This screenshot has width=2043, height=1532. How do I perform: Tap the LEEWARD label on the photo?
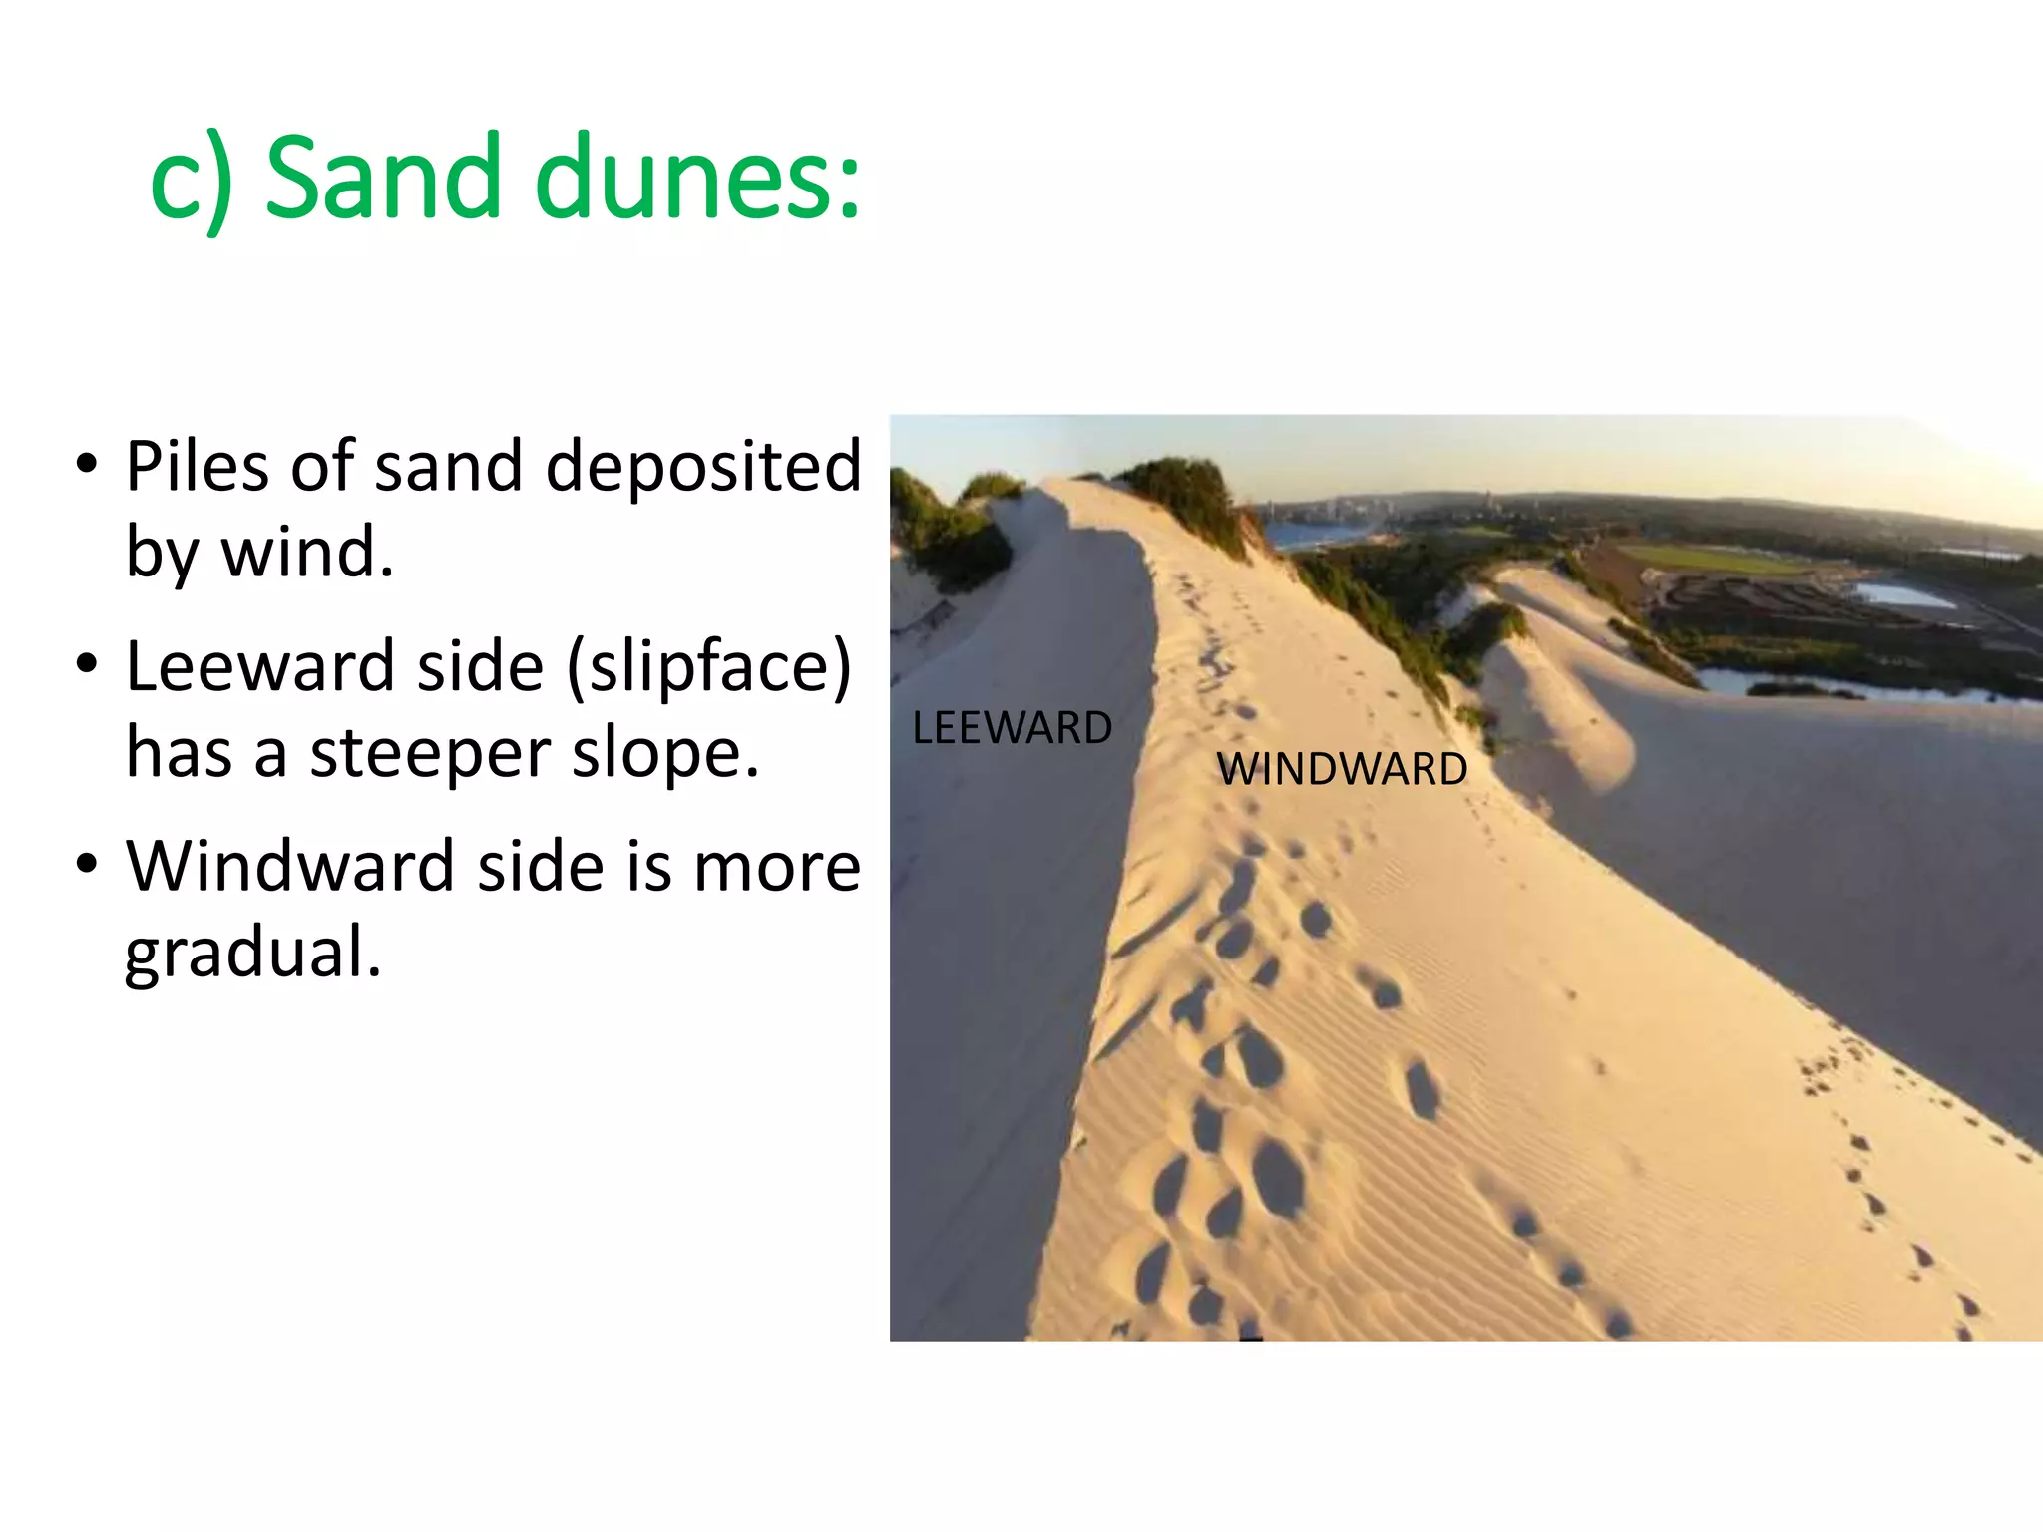1012,727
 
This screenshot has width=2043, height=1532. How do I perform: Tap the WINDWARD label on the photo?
1342,769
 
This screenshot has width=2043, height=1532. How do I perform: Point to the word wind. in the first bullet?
307,551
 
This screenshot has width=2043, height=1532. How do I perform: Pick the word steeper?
429,752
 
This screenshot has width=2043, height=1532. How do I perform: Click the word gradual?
252,953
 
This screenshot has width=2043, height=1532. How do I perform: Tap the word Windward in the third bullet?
290,866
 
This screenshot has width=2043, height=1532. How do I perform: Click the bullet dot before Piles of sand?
88,464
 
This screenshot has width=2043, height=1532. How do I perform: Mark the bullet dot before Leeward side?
88,663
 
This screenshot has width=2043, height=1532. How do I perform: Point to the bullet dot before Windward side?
88,864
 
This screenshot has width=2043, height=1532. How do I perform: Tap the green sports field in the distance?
1716,559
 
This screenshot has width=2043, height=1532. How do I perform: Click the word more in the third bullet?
776,866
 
